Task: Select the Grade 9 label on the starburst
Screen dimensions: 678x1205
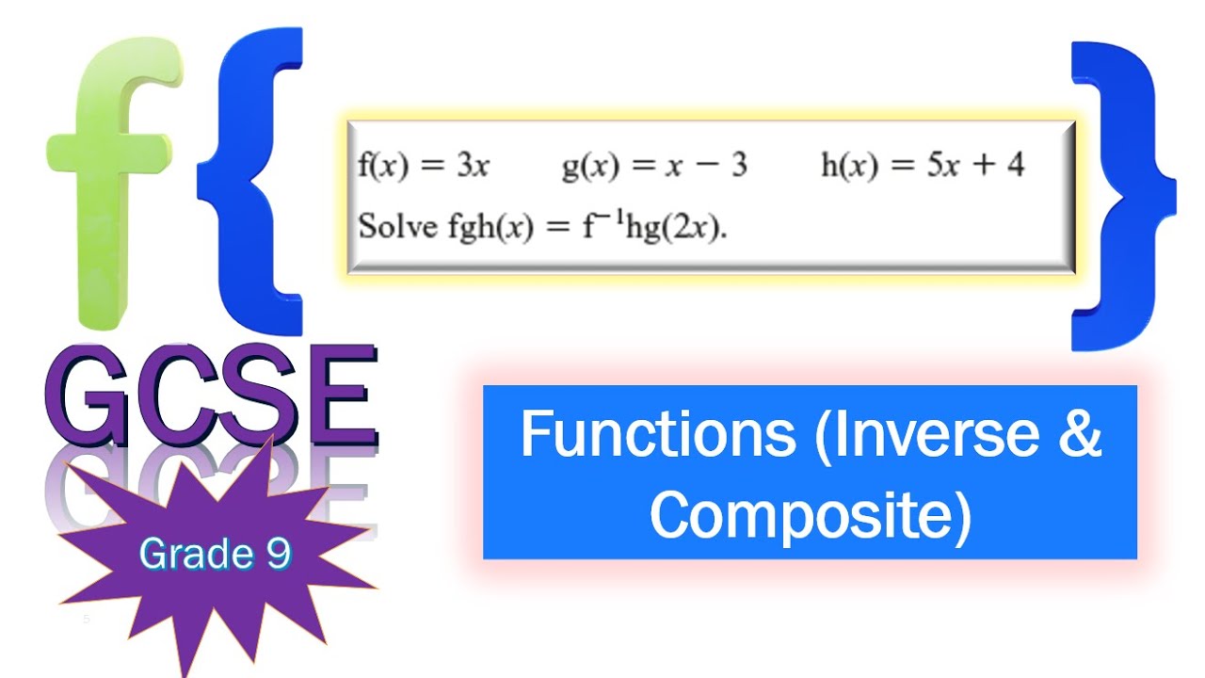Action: click(x=215, y=555)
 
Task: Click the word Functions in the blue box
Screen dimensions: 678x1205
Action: click(x=658, y=434)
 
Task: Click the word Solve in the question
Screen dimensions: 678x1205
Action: click(x=396, y=229)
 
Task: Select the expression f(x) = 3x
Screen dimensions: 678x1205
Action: click(x=424, y=166)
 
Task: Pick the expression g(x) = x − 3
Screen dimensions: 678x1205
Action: click(x=654, y=166)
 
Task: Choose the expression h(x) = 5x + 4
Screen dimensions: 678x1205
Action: click(x=923, y=166)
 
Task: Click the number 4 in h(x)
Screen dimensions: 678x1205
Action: click(x=1014, y=166)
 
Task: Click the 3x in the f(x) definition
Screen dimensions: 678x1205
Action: click(x=474, y=166)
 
